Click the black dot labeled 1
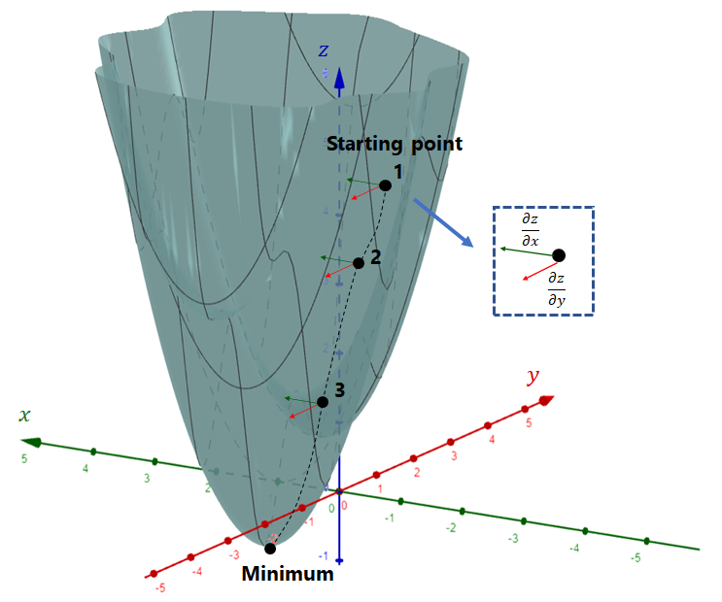[386, 184]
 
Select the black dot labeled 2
[359, 263]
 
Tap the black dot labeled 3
[322, 402]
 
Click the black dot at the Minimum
[270, 549]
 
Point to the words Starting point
[394, 145]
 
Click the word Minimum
[288, 574]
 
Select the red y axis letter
[532, 376]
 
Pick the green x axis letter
[24, 415]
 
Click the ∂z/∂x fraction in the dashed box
[530, 231]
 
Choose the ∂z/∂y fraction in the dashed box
[557, 288]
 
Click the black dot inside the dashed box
[559, 255]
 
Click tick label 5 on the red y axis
[528, 423]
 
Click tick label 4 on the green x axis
[86, 469]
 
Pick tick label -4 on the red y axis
[198, 572]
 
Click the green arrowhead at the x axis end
[32, 442]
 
